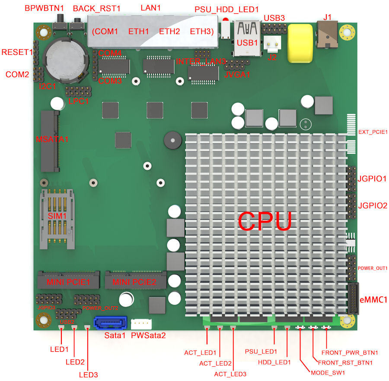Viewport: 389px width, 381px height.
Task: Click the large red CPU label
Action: click(265, 221)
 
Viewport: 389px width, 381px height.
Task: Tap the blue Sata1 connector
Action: click(110, 323)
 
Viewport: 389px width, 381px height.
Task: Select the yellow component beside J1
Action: click(300, 43)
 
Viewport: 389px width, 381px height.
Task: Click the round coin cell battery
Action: click(66, 60)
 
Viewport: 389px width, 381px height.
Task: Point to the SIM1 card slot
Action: click(57, 219)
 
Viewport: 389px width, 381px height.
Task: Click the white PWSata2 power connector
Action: click(141, 324)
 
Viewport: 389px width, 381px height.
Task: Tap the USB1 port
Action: click(247, 39)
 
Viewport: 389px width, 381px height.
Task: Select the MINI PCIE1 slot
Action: click(68, 280)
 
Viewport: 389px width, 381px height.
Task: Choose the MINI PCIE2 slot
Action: click(136, 280)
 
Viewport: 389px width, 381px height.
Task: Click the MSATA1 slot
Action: click(50, 141)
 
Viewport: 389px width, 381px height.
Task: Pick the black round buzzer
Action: click(172, 141)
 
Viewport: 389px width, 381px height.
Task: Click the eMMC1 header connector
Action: click(353, 299)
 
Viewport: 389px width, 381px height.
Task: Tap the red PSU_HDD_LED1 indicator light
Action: click(226, 19)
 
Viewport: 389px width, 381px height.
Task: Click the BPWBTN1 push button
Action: click(60, 22)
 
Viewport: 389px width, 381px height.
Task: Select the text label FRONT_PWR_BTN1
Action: click(350, 353)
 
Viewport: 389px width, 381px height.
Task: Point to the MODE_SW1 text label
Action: click(328, 373)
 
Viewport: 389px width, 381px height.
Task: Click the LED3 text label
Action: click(88, 375)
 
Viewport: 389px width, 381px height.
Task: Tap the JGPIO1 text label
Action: click(372, 179)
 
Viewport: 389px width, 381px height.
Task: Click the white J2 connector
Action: click(272, 44)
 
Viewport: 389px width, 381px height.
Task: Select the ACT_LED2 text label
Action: click(215, 363)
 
